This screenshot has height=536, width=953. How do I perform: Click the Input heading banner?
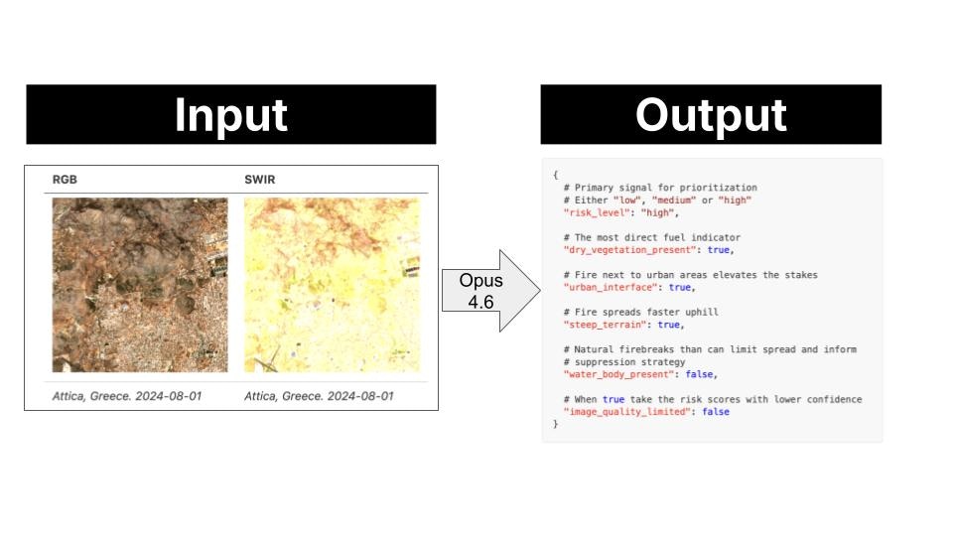[x=230, y=114]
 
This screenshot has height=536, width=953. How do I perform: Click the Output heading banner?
[x=711, y=114]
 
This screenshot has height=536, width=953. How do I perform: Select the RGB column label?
[x=66, y=180]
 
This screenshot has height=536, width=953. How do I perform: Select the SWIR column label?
[x=261, y=180]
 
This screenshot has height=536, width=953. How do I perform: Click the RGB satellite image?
[x=140, y=284]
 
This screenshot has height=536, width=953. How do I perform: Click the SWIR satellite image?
[x=332, y=284]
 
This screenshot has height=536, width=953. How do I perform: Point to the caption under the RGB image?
[x=127, y=396]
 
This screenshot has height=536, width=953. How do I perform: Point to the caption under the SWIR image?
[x=319, y=396]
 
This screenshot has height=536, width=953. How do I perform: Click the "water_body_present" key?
[x=619, y=374]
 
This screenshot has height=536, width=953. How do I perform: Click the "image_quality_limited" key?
[x=624, y=412]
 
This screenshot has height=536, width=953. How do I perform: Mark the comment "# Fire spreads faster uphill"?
[x=640, y=312]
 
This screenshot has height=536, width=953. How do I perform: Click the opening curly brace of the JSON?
[x=556, y=175]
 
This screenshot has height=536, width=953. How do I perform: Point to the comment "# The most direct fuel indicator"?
[x=651, y=237]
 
